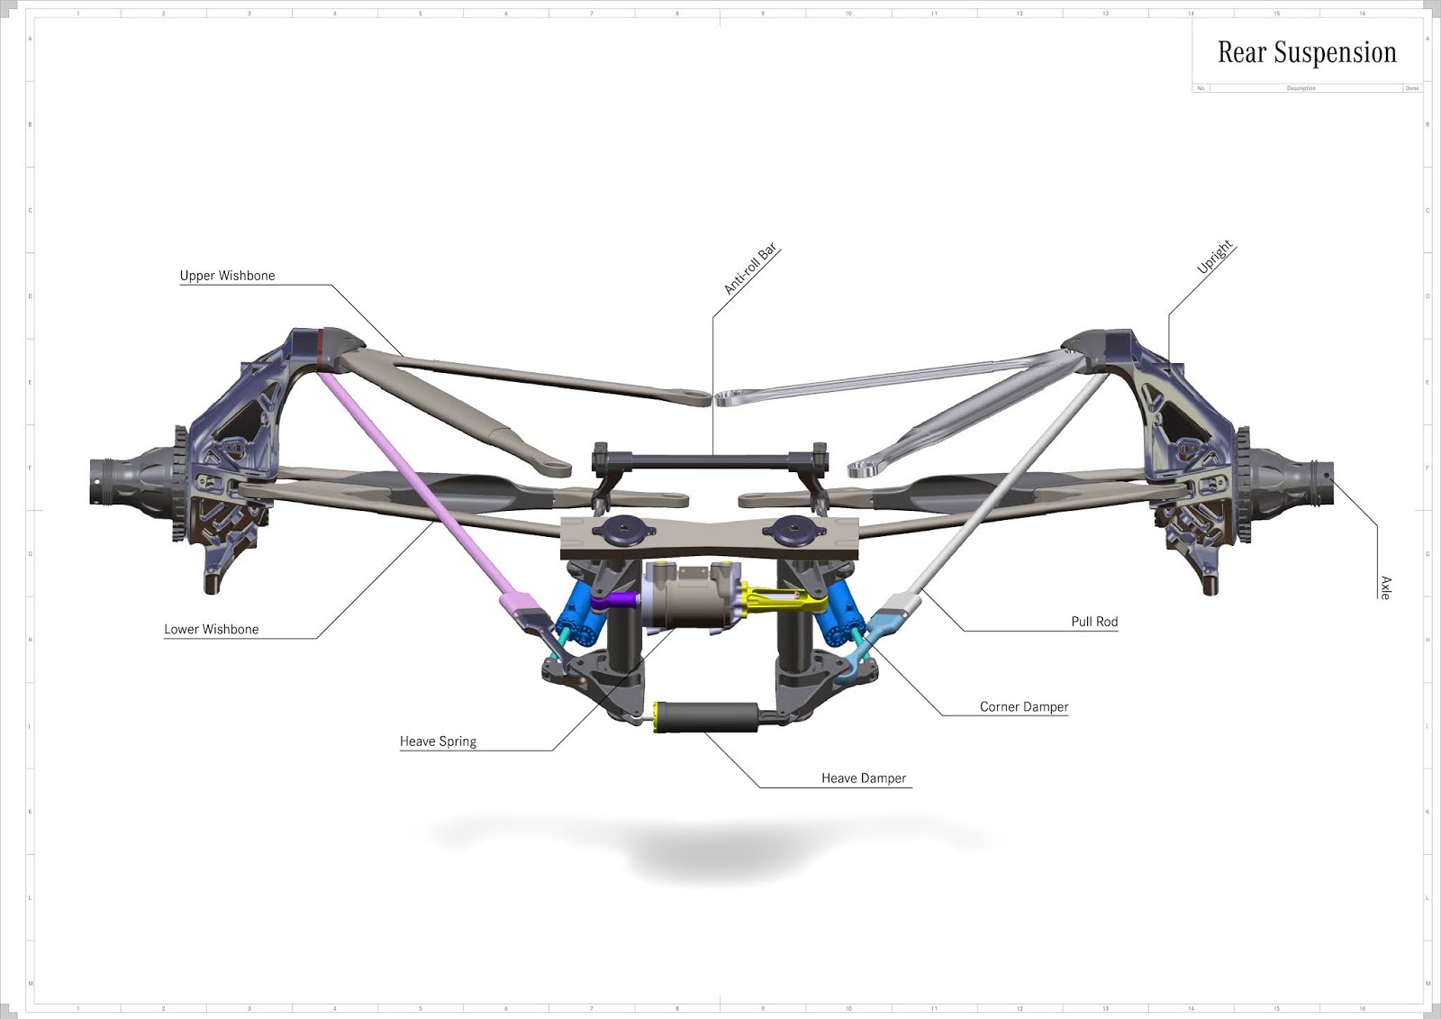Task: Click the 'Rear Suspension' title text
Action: point(1307,53)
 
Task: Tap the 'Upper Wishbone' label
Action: point(227,276)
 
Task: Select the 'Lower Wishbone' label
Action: point(211,630)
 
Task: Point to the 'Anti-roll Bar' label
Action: point(750,269)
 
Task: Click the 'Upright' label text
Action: point(1214,258)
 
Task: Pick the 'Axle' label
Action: point(1385,587)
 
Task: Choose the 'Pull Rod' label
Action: point(1094,622)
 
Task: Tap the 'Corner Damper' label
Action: point(1024,707)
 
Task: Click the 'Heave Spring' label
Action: point(438,742)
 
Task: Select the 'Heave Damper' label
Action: point(864,778)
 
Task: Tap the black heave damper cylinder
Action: point(711,716)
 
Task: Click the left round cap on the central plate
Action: point(622,530)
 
